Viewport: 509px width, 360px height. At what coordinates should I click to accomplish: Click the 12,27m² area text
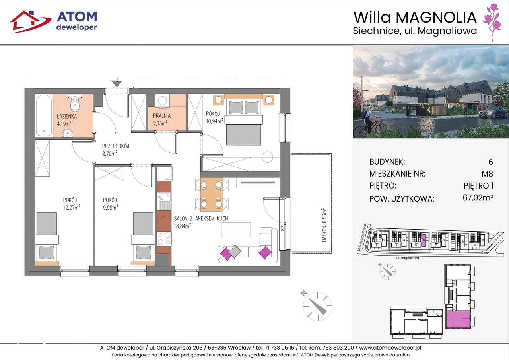(x=71, y=206)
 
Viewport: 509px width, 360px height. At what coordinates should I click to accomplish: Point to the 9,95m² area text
(x=110, y=206)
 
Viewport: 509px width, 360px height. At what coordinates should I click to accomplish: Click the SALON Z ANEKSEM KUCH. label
(x=201, y=218)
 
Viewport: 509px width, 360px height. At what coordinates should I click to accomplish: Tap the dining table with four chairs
(x=211, y=194)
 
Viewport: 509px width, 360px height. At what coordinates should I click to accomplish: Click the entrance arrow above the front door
(x=116, y=83)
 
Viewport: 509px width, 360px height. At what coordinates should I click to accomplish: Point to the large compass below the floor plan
(x=317, y=305)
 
